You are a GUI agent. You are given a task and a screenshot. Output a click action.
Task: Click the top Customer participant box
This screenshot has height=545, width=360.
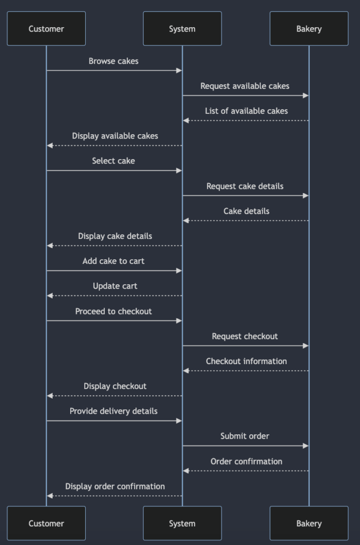click(x=46, y=29)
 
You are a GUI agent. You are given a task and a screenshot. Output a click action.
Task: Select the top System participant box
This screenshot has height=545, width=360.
click(x=182, y=29)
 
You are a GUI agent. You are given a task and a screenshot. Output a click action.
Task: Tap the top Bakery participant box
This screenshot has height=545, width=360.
click(x=309, y=29)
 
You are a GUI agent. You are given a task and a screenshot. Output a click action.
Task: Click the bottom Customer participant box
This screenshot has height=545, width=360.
click(x=46, y=523)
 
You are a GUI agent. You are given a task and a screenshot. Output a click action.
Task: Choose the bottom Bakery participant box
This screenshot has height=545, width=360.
click(x=309, y=523)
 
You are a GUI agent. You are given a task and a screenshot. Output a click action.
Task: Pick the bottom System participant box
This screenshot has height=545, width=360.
click(x=182, y=523)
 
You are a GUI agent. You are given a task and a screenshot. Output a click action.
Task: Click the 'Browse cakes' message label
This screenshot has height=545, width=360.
click(x=113, y=61)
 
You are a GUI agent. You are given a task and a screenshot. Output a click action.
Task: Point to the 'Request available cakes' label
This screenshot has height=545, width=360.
click(x=245, y=86)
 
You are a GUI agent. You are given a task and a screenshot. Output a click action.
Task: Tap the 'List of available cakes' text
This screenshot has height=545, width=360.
click(x=246, y=111)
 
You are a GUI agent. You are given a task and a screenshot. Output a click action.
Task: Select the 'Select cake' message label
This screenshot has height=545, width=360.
click(x=113, y=161)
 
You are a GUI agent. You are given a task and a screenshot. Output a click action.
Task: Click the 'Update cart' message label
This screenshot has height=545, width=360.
click(x=115, y=286)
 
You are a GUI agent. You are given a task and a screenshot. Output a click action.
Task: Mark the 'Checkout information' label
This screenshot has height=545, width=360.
click(x=246, y=361)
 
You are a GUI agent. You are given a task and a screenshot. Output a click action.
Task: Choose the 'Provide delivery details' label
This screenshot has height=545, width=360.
click(x=113, y=411)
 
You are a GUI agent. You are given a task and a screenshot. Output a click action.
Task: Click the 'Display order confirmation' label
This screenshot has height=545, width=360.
click(x=115, y=486)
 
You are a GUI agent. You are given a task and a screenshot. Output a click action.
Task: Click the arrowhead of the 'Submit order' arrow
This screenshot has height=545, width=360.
click(x=306, y=446)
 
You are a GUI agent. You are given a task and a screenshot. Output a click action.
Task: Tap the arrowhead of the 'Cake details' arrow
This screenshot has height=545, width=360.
click(x=186, y=221)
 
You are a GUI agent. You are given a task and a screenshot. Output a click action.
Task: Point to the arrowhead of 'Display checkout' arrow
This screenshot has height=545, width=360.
click(x=50, y=396)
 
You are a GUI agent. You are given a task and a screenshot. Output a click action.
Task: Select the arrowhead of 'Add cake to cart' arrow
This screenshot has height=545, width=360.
click(x=179, y=271)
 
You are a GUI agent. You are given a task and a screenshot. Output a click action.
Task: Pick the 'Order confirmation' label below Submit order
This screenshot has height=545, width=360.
click(x=246, y=461)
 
